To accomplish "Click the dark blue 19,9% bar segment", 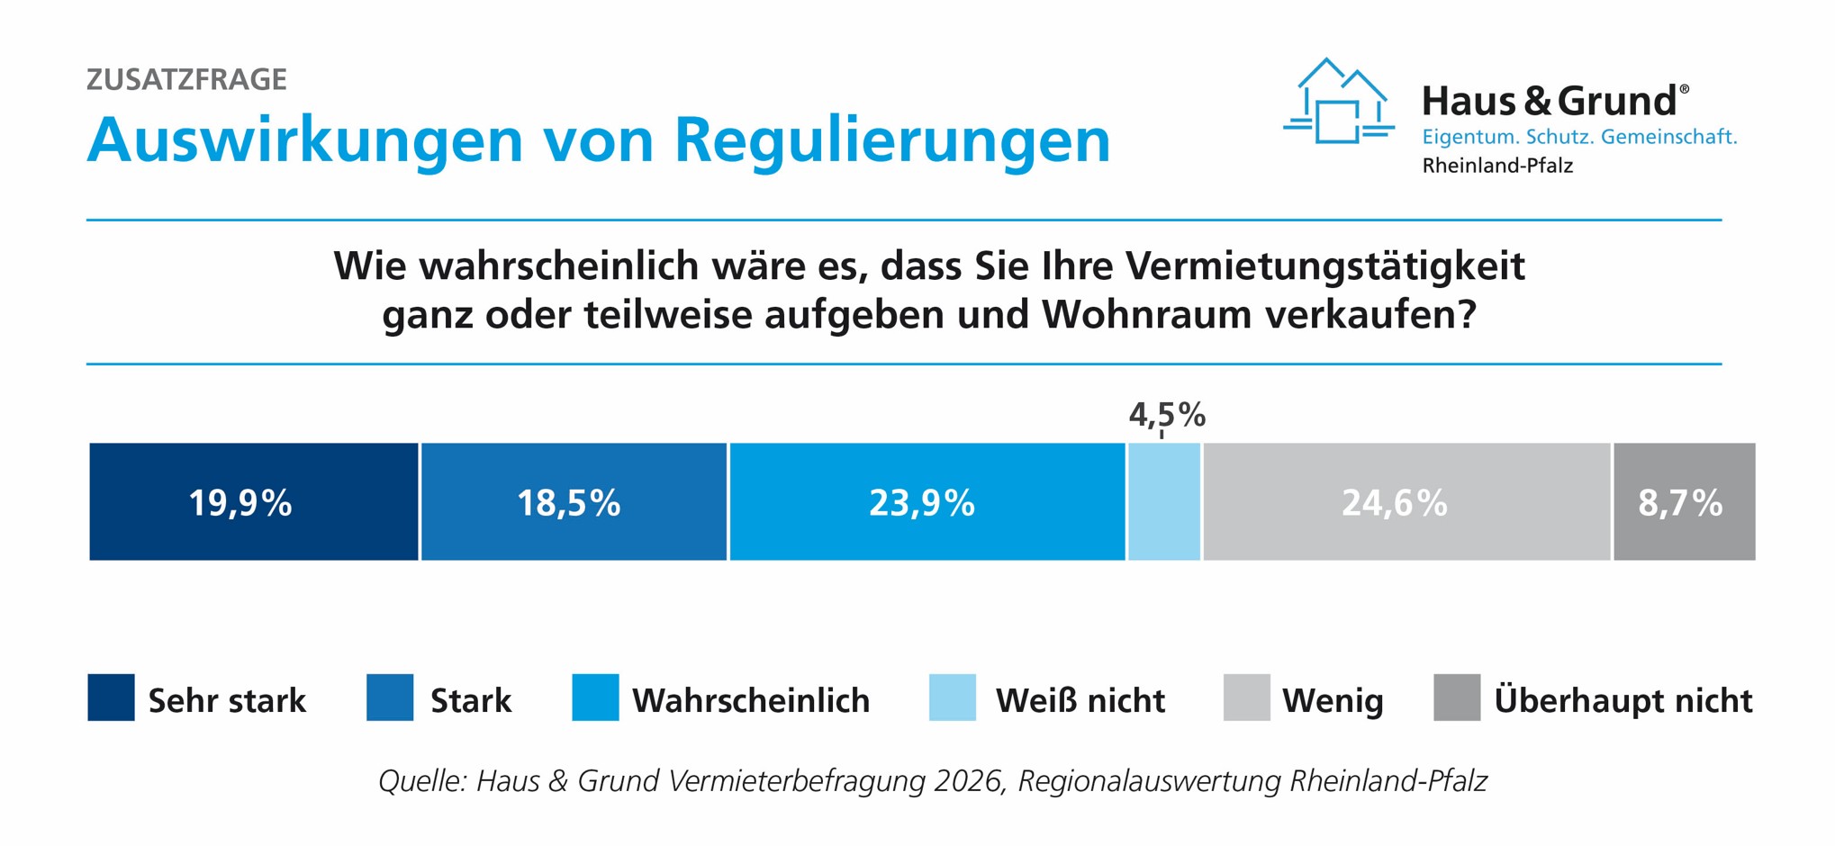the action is (x=254, y=501).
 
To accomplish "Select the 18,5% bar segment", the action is (x=574, y=501).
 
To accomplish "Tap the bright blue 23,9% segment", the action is (x=927, y=501).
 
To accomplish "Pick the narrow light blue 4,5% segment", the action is (x=1164, y=501).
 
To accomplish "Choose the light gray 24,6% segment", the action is (x=1406, y=501).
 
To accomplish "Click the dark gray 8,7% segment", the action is (x=1685, y=501).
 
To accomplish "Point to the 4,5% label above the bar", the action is (x=1167, y=415).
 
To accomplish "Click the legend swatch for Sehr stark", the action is (x=111, y=697).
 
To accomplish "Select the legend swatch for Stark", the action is (x=390, y=697).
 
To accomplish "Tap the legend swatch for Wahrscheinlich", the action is (x=595, y=697).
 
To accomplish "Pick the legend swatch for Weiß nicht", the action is (x=953, y=697).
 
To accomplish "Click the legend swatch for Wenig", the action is (x=1247, y=697).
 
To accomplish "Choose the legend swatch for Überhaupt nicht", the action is (x=1457, y=697).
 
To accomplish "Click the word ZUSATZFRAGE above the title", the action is (x=186, y=79).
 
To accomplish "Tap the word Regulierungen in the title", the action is (x=892, y=140).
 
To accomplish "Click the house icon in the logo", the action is (x=1338, y=101).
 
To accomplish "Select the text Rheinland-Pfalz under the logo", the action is (x=1497, y=166).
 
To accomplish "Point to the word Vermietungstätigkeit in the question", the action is (x=1324, y=266).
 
